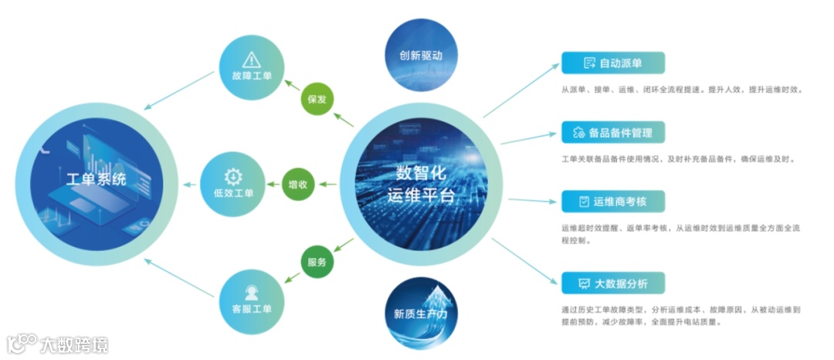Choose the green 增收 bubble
[297, 185]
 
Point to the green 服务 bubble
[317, 262]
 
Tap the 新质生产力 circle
[421, 314]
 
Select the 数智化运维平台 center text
[421, 184]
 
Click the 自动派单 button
[613, 63]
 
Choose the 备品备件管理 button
[613, 132]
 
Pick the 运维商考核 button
[613, 202]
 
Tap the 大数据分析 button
[613, 283]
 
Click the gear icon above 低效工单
[232, 175]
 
